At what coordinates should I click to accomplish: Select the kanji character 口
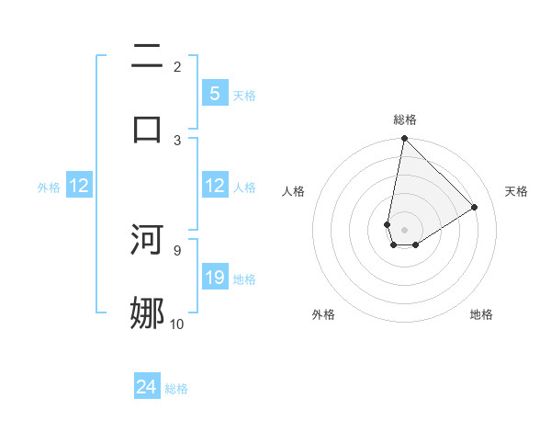point(147,128)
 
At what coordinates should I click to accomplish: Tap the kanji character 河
point(147,240)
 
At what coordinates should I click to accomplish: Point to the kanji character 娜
point(147,313)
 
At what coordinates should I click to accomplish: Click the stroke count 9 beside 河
point(176,249)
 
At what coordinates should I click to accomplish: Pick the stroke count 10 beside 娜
point(176,324)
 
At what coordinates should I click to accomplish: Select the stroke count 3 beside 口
point(177,140)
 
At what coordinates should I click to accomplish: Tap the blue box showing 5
point(214,94)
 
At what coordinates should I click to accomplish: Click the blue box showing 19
point(214,278)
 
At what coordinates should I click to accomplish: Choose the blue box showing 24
point(147,388)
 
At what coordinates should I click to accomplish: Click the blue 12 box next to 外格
point(79,187)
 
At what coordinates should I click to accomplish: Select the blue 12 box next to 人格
point(214,187)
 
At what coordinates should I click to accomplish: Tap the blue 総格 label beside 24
point(176,389)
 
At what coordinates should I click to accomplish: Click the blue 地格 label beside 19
point(244,279)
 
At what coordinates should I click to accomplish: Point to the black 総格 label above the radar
point(405,119)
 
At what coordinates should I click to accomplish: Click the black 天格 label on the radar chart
point(516,191)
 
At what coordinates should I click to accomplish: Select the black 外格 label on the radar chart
point(322,314)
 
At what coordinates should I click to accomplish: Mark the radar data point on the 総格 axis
point(404,139)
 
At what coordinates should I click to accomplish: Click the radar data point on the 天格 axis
point(475,207)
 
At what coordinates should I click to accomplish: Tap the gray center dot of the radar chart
point(404,230)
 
